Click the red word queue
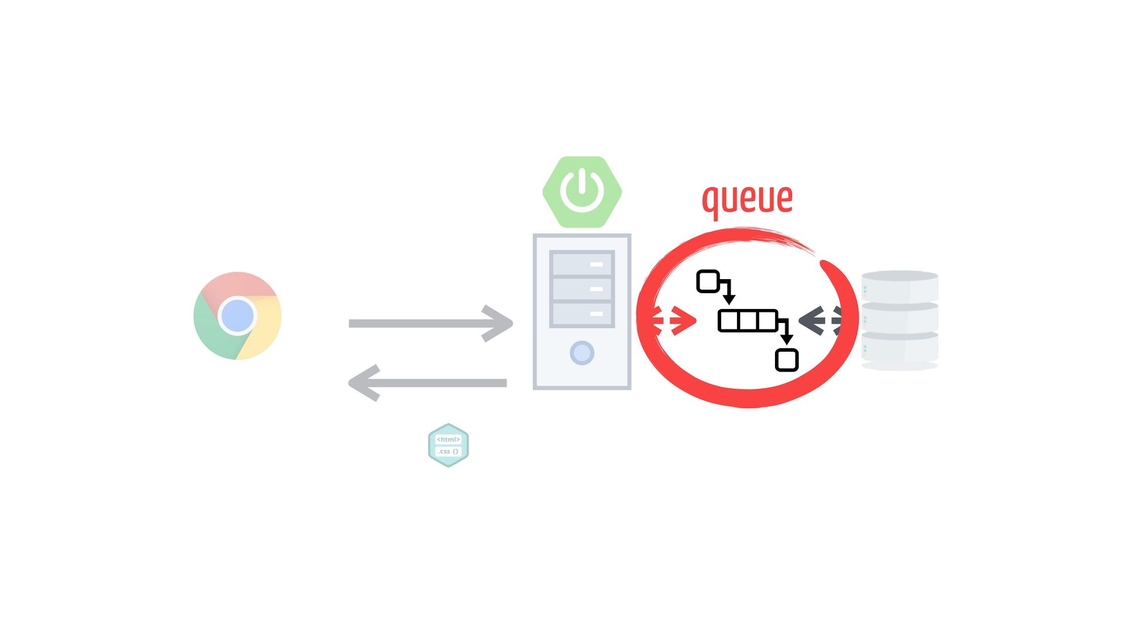pyautogui.click(x=747, y=199)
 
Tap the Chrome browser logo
pyautogui.click(x=237, y=315)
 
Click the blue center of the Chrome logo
pyautogui.click(x=237, y=315)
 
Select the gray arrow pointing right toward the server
pyautogui.click(x=430, y=323)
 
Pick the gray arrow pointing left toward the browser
pyautogui.click(x=428, y=383)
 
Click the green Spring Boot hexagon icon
pyautogui.click(x=582, y=192)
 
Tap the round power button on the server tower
pyautogui.click(x=582, y=353)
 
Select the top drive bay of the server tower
pyautogui.click(x=582, y=264)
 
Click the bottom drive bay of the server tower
pyautogui.click(x=582, y=314)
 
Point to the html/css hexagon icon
pyautogui.click(x=449, y=445)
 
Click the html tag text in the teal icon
pyautogui.click(x=449, y=439)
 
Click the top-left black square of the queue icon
pyautogui.click(x=708, y=281)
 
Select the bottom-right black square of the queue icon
pyautogui.click(x=787, y=360)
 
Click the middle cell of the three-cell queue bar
pyautogui.click(x=748, y=321)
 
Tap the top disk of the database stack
pyautogui.click(x=900, y=286)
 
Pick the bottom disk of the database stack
pyautogui.click(x=900, y=349)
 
